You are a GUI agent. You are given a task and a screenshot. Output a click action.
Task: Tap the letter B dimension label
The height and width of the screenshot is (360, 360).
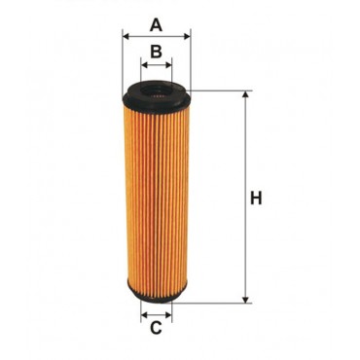pyautogui.click(x=156, y=51)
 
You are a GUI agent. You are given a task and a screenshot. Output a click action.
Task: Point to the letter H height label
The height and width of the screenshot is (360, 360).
pyautogui.click(x=257, y=199)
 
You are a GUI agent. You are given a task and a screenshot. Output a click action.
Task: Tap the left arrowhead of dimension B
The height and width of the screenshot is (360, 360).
pyautogui.click(x=144, y=66)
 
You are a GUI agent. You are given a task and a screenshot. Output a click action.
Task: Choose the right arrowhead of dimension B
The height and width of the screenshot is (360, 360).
pyautogui.click(x=168, y=66)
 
